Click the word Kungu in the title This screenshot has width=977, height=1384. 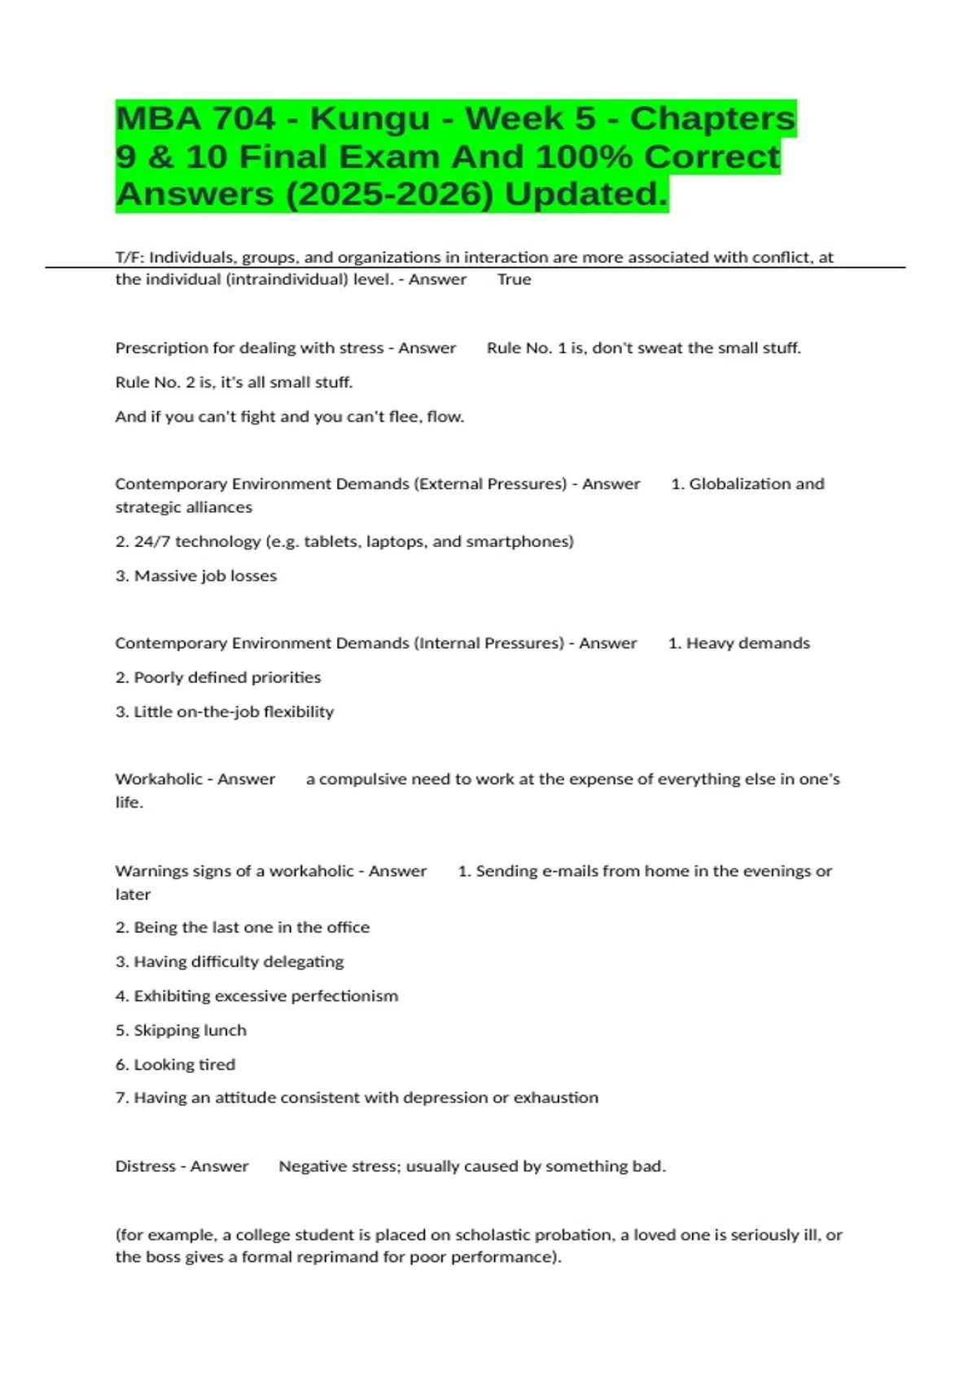tap(370, 119)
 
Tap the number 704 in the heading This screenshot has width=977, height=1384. tap(244, 119)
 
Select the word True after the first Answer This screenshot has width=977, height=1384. tap(514, 279)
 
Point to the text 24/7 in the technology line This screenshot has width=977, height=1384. tap(151, 541)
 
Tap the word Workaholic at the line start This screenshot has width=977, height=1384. tap(159, 779)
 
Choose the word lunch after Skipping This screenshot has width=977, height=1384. tap(225, 1030)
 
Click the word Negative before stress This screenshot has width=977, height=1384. tap(310, 1166)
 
